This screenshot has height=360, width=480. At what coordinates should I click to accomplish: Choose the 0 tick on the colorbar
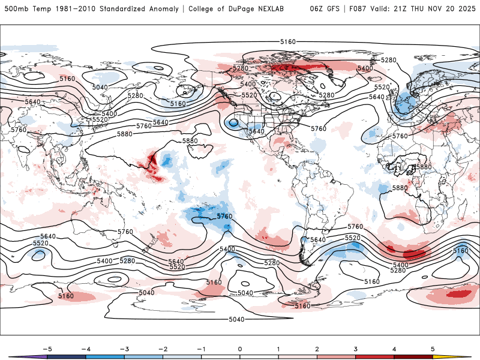(x=240, y=348)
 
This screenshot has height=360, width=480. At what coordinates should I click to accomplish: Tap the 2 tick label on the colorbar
(x=317, y=348)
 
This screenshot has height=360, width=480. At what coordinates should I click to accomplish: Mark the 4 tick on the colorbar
(x=394, y=348)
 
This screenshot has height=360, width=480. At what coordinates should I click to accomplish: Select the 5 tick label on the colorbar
(x=433, y=348)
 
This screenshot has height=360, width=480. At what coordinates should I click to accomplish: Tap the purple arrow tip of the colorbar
(x=16, y=356)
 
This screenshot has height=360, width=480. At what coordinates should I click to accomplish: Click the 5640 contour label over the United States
(x=257, y=131)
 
